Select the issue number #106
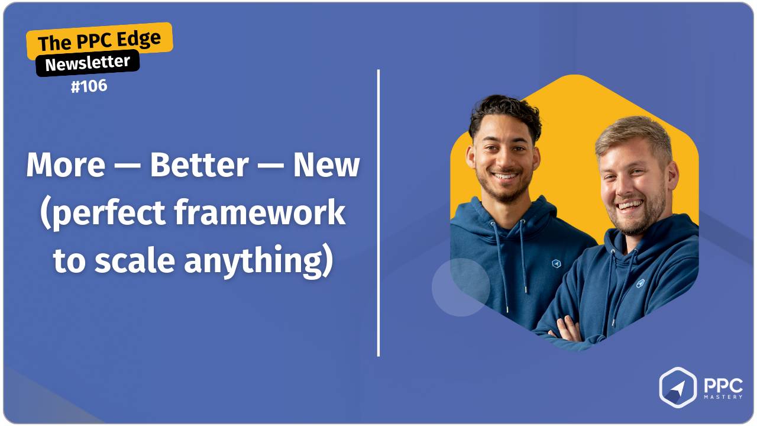tap(89, 86)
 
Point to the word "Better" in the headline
tap(199, 166)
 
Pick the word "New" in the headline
tap(326, 166)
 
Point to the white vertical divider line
tap(378, 213)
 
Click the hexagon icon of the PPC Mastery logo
tap(678, 388)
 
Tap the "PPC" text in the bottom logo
tap(723, 385)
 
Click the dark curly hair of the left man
tap(504, 113)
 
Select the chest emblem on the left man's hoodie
tap(556, 264)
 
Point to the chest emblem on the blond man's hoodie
tap(640, 283)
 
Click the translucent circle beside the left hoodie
tap(461, 287)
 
